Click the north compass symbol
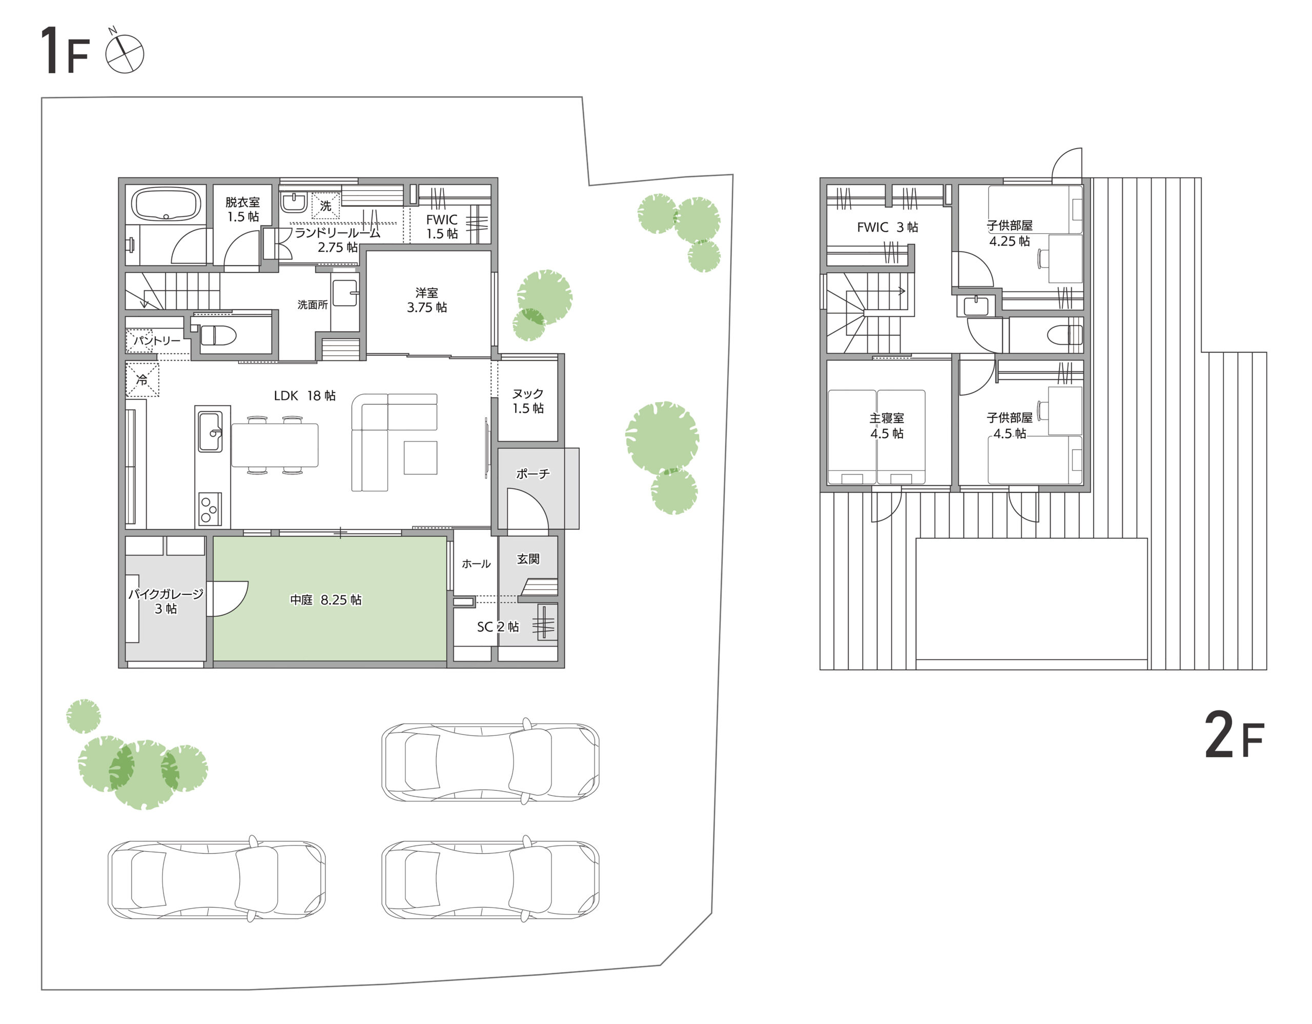[x=125, y=53]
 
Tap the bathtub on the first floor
[x=166, y=205]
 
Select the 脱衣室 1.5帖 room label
[x=243, y=209]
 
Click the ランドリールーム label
[x=337, y=233]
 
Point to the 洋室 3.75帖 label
[x=426, y=300]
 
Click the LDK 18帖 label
[x=304, y=395]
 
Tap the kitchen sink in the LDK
[x=210, y=431]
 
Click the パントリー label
[x=157, y=340]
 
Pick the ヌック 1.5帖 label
[x=528, y=401]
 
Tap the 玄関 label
[x=528, y=559]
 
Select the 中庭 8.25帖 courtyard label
[x=325, y=600]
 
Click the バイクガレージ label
[x=166, y=594]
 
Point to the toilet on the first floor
[x=217, y=335]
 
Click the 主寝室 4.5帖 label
[x=887, y=426]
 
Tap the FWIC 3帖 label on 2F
[x=887, y=227]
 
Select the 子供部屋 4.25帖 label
[x=1009, y=233]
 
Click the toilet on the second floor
[x=1064, y=335]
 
